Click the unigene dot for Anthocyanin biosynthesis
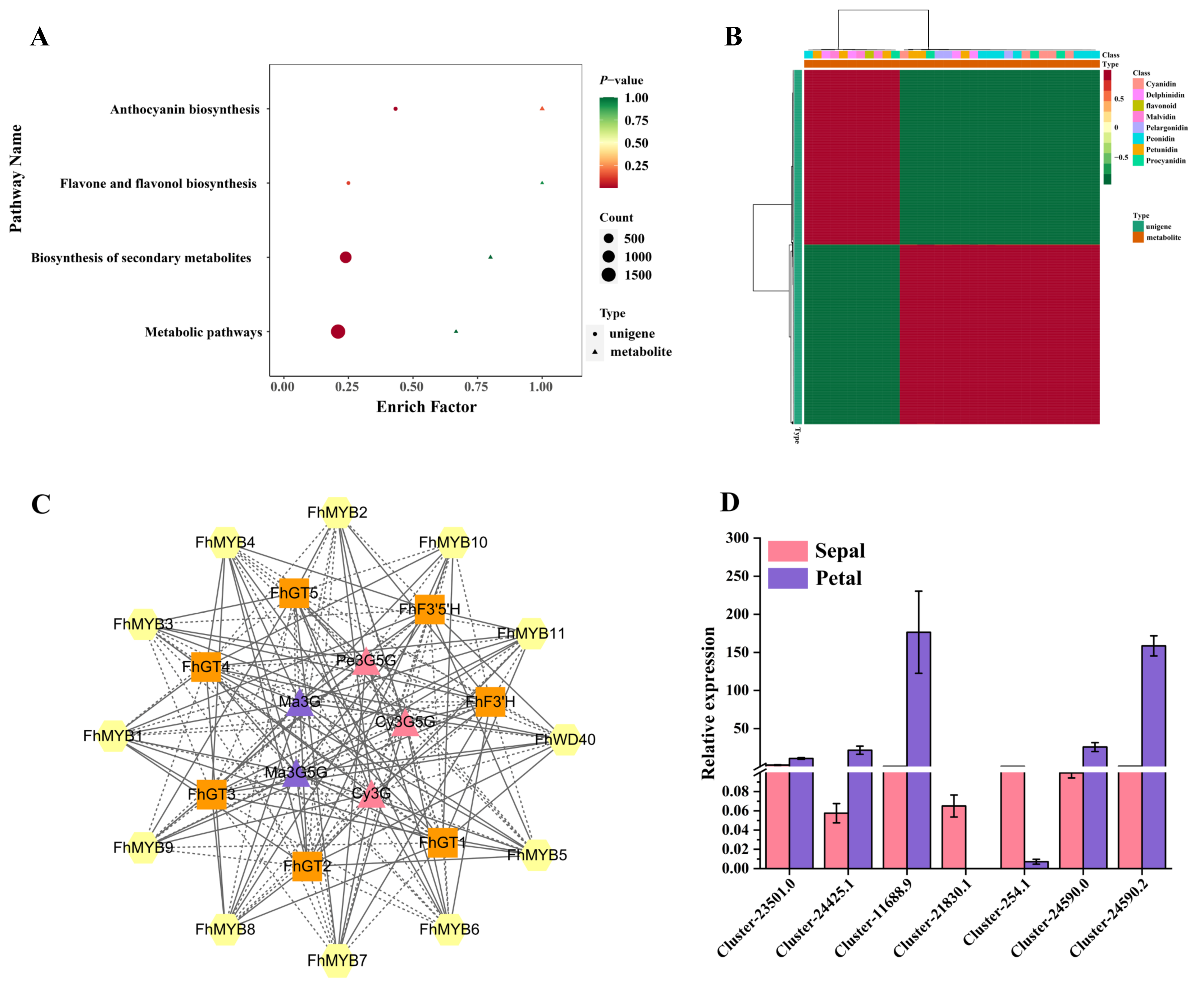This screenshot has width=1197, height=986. click(395, 108)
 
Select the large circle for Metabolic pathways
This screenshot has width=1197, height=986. click(338, 331)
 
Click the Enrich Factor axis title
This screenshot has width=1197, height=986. click(426, 407)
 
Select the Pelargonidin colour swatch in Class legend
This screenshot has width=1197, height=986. click(1138, 127)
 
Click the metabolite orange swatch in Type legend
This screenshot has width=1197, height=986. click(1138, 238)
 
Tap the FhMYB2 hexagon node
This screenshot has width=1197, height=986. click(337, 512)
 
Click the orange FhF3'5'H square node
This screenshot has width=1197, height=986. click(429, 610)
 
